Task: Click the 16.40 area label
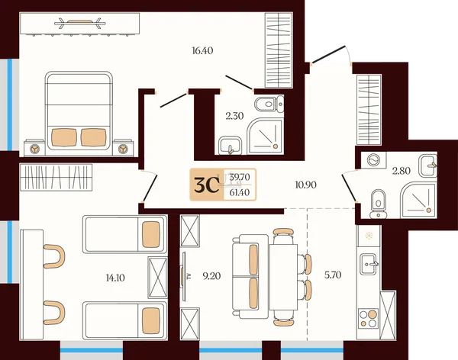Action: (x=202, y=51)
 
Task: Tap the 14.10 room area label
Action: (x=115, y=278)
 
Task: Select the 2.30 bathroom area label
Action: (x=234, y=116)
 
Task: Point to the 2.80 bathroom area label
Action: (x=402, y=171)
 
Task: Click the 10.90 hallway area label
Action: (x=305, y=185)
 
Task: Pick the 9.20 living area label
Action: (x=211, y=275)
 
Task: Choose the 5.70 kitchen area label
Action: (x=333, y=275)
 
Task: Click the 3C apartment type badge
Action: (x=207, y=185)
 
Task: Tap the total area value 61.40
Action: (x=240, y=192)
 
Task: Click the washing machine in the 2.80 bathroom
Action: (x=374, y=160)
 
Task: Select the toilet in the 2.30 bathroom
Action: (x=269, y=104)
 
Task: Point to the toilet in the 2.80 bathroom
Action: (x=379, y=204)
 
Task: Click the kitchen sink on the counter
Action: (x=369, y=264)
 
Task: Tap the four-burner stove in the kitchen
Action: (x=369, y=318)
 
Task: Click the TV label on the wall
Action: (x=189, y=276)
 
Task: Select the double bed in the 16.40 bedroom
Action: (x=79, y=111)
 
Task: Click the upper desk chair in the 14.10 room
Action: (x=54, y=256)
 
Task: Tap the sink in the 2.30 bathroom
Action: (x=230, y=145)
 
